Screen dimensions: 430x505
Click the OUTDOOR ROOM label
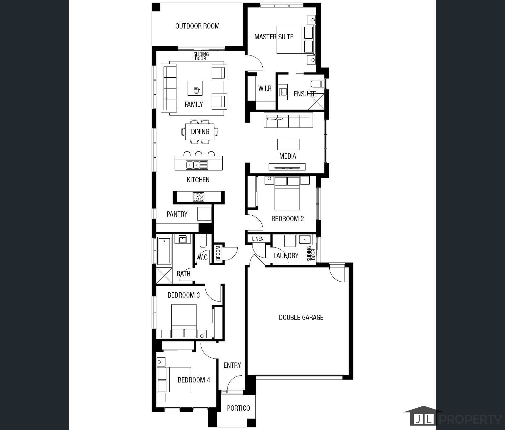[x=197, y=26]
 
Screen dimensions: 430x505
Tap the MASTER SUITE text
[x=274, y=37]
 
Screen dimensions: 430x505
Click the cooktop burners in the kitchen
[x=199, y=197]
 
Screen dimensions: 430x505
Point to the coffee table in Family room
[x=195, y=88]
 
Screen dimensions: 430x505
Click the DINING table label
[x=200, y=132]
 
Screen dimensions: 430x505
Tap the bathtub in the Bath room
[x=164, y=251]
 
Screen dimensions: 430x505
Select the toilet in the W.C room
[x=203, y=242]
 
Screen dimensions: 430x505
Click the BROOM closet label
[x=218, y=253]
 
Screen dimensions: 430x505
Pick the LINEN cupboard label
[x=258, y=239]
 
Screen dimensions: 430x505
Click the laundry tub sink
[x=304, y=240]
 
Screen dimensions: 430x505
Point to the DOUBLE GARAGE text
[x=301, y=317]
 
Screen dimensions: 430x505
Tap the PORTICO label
[x=238, y=408]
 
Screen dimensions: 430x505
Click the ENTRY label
[x=232, y=365]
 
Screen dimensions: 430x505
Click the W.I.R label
[x=265, y=88]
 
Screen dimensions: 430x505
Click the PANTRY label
[x=177, y=214]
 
